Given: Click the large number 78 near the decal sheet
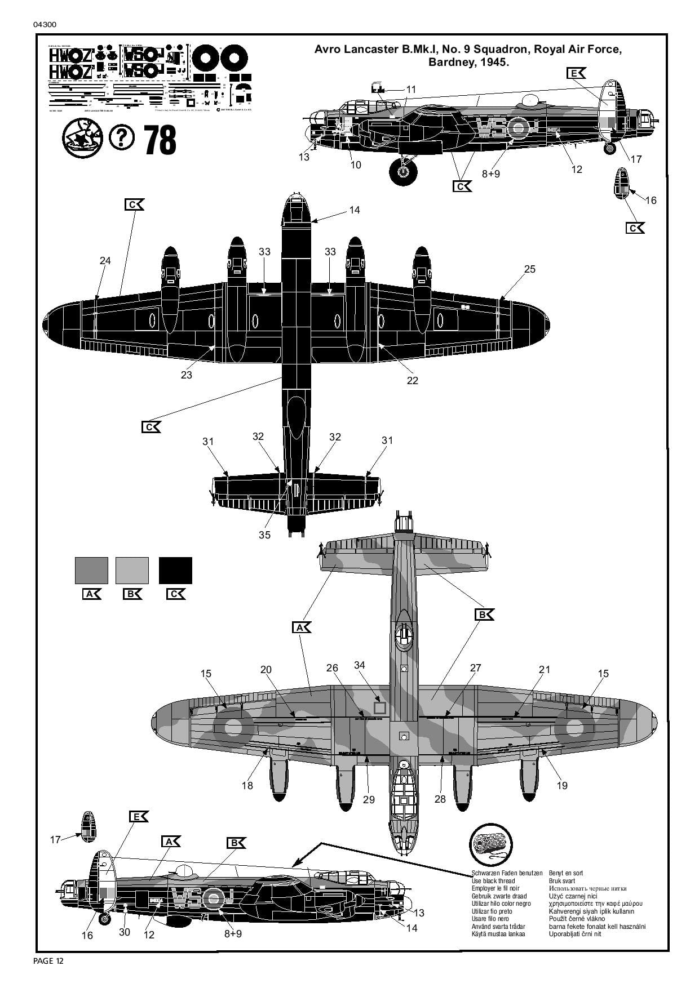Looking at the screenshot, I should pyautogui.click(x=161, y=140).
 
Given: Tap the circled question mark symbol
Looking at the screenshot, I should pyautogui.click(x=122, y=137).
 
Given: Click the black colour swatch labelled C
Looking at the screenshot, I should pyautogui.click(x=175, y=570).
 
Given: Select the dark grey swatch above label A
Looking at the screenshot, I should pyautogui.click(x=91, y=570).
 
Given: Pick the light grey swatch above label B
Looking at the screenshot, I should pyautogui.click(x=132, y=570).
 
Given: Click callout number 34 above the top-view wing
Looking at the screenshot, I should pyautogui.click(x=360, y=665).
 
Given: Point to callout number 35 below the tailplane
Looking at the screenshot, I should pyautogui.click(x=264, y=535).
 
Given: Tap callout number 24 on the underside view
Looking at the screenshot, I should pyautogui.click(x=105, y=261).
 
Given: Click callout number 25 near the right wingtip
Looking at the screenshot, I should pyautogui.click(x=529, y=269).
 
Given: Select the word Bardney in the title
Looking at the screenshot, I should pyautogui.click(x=448, y=63).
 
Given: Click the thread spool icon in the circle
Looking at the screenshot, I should pyautogui.click(x=491, y=845).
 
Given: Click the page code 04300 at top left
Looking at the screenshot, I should pyautogui.click(x=45, y=25).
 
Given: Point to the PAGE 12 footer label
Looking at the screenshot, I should pyautogui.click(x=48, y=961).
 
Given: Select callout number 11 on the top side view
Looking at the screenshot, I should pyautogui.click(x=411, y=90).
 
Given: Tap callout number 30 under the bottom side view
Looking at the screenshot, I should pyautogui.click(x=125, y=932).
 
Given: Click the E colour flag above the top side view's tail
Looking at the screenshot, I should pyautogui.click(x=576, y=73).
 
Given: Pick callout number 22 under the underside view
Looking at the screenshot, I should pyautogui.click(x=413, y=381).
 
